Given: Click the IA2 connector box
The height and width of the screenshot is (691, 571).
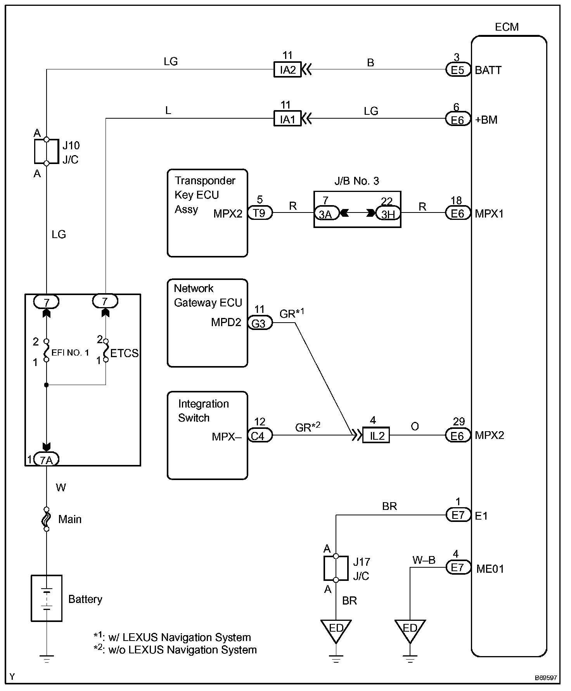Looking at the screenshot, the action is pos(287,70).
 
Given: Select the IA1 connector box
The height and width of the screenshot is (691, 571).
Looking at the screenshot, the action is pos(287,119).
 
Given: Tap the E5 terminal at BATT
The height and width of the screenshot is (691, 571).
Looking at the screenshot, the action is pos(458,70).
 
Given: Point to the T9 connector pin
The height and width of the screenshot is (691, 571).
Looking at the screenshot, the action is pos(260,213).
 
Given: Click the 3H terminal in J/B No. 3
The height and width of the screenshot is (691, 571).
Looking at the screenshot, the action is pos(388,213).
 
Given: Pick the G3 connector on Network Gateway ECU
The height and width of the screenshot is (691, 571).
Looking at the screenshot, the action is pos(260,323).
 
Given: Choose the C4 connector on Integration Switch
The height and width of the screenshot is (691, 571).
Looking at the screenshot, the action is pos(260,436).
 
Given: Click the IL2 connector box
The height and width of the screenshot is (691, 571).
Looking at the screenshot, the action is pos(376,435).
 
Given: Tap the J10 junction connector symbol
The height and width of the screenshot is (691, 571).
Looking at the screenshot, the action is pos(47,152).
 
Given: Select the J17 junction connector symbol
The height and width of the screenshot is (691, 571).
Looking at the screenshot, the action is pos(336,568).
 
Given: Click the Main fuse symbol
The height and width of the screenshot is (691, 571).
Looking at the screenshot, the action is pos(47,519).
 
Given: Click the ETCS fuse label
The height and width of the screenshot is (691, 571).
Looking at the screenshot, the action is pos(124,353).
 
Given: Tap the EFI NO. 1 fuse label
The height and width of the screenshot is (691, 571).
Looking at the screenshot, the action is pos(70,352).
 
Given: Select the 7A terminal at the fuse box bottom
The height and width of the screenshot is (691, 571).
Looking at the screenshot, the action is pos(47,460).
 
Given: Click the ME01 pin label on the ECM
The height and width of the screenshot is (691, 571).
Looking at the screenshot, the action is pos(490,569).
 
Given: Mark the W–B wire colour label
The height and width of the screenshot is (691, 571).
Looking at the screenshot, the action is pos(424,560).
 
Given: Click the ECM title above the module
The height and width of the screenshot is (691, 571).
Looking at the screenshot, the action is pos(507,27).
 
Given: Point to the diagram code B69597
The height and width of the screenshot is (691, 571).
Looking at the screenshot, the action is pos(546,678).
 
